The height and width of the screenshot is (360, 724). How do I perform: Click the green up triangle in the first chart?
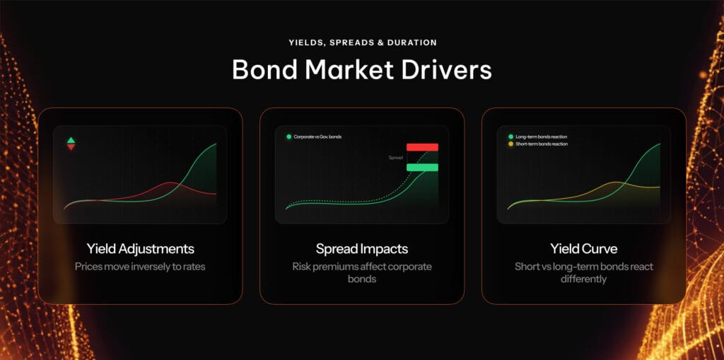[71, 140]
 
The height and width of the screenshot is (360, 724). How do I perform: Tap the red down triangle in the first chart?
[71, 147]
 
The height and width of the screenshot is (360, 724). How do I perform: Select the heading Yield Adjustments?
[140, 249]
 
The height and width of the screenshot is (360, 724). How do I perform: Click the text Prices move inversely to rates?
[140, 267]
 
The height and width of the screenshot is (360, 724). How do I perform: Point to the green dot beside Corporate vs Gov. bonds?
[289, 137]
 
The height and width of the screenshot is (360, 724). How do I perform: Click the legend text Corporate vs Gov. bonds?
[317, 137]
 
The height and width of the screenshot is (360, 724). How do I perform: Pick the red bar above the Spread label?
[422, 147]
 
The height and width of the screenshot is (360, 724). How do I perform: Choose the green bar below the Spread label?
[422, 168]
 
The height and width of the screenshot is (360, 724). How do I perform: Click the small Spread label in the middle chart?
[396, 158]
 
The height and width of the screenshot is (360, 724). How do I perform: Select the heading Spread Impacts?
[362, 249]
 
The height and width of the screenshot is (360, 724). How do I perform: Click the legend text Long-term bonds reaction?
[542, 137]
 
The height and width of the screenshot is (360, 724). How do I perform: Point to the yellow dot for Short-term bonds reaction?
[511, 144]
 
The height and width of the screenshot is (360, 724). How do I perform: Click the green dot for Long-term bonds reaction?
[511, 137]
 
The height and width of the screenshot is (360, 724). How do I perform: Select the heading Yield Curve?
[583, 249]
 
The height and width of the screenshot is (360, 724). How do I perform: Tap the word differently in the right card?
[583, 279]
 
